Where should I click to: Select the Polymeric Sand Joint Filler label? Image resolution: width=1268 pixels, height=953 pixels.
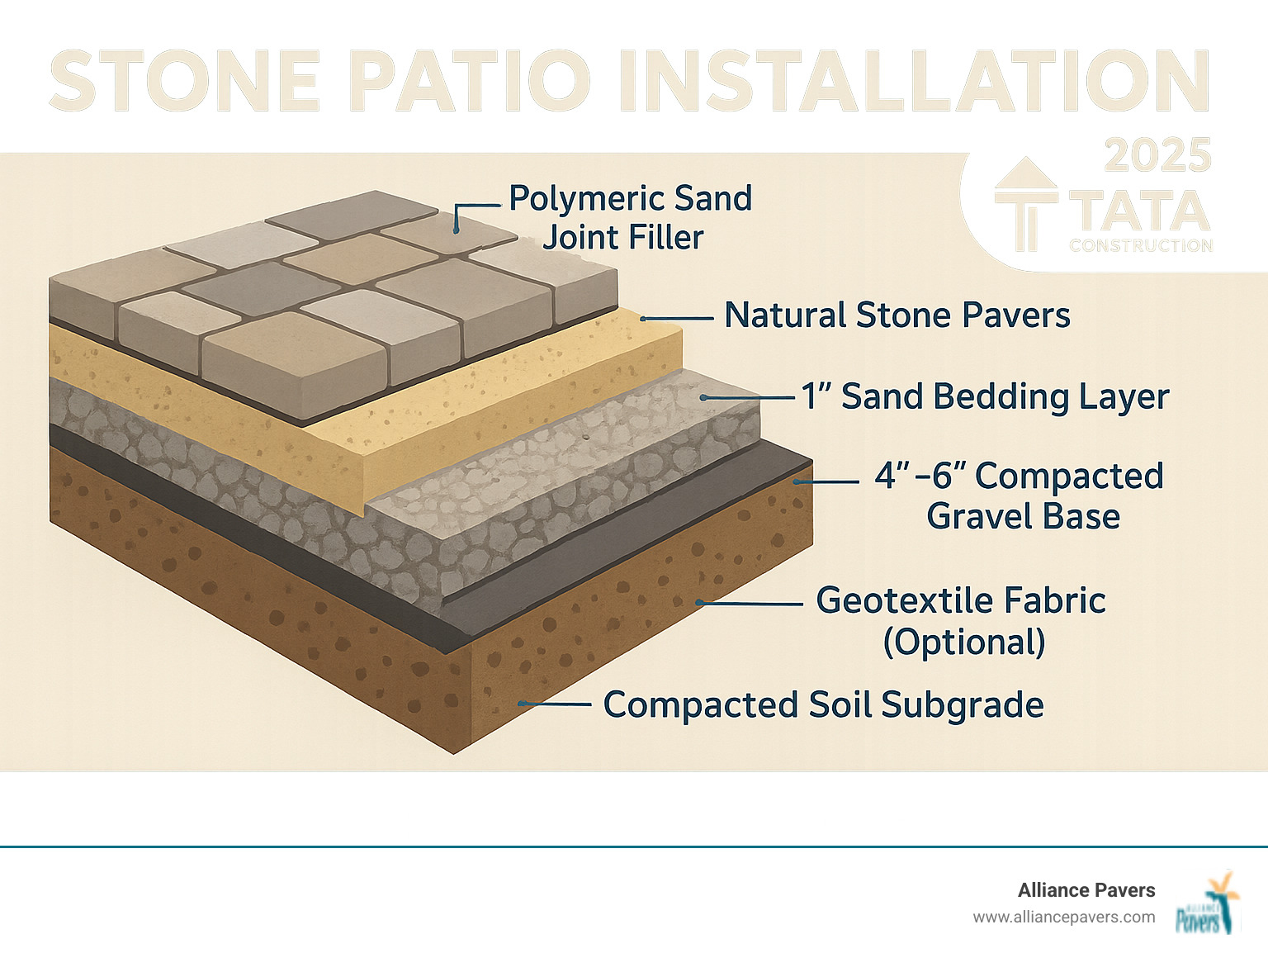click(x=630, y=217)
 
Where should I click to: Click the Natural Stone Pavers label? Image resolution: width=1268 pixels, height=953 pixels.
click(x=897, y=315)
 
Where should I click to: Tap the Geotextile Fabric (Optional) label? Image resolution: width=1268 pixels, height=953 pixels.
click(x=962, y=621)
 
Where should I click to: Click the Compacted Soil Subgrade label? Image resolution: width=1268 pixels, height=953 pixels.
click(x=823, y=705)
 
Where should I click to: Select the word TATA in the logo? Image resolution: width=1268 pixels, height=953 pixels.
click(x=1140, y=212)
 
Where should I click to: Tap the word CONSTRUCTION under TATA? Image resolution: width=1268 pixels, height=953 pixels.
click(x=1141, y=246)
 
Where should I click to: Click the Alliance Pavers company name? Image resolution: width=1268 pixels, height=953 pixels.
click(x=1086, y=890)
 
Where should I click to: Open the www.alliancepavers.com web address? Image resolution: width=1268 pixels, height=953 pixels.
click(x=1063, y=917)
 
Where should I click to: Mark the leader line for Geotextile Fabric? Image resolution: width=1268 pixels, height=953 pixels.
click(x=750, y=604)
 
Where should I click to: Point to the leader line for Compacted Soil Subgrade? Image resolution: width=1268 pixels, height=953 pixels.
click(x=555, y=704)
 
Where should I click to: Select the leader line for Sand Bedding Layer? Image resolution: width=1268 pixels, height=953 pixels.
click(x=748, y=398)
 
